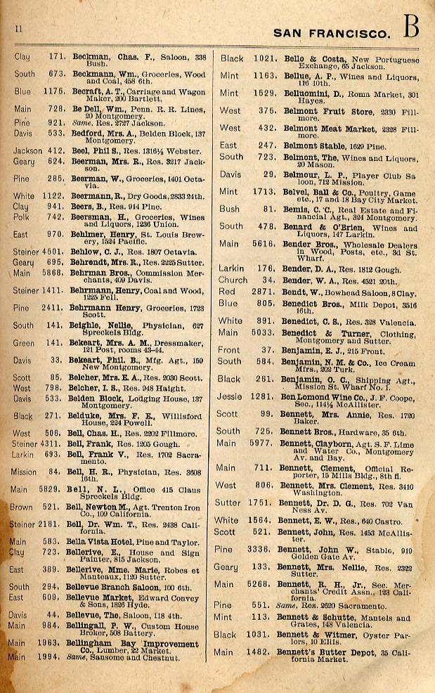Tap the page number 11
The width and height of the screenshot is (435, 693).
click(x=19, y=28)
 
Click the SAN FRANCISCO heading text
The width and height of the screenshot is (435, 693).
click(x=330, y=32)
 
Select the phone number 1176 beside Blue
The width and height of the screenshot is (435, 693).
click(x=54, y=91)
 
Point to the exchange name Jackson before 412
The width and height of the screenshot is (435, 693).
click(x=28, y=150)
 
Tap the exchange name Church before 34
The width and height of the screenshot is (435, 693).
click(x=233, y=280)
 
